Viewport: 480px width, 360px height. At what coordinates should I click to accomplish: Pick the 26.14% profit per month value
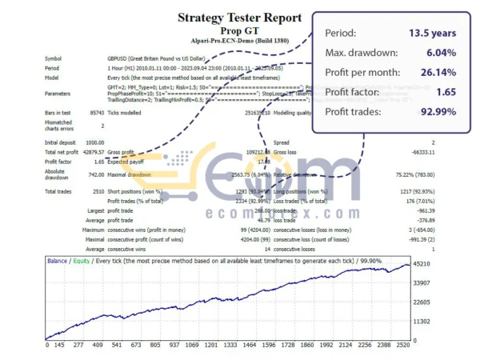435,73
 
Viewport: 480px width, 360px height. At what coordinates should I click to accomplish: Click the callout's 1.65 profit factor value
445,92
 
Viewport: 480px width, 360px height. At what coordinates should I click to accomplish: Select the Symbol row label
53,58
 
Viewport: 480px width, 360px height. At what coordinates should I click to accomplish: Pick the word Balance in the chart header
57,261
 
